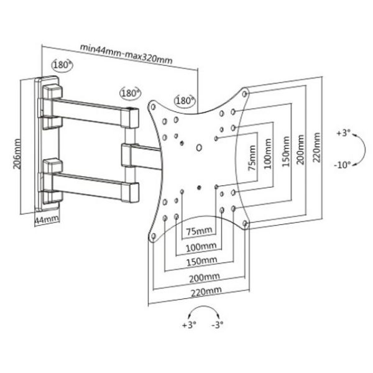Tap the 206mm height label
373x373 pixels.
[17, 154]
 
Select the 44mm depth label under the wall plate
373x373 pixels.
[47, 219]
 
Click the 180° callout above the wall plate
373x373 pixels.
[62, 65]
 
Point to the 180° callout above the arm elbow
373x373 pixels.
[131, 93]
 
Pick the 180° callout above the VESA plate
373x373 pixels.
[185, 101]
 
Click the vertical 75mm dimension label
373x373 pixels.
[252, 158]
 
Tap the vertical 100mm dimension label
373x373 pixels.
[267, 154]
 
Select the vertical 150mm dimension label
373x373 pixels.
[286, 152]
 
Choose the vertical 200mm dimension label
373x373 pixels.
[300, 149]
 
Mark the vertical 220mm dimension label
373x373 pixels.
[316, 147]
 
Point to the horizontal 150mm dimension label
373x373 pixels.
[201, 262]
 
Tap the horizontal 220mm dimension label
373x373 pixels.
[206, 292]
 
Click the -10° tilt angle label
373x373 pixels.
[343, 165]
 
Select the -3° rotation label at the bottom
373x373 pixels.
[218, 325]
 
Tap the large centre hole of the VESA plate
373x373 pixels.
[199, 148]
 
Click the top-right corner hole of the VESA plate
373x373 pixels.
[244, 94]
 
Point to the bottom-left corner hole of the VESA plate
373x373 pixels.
[154, 236]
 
